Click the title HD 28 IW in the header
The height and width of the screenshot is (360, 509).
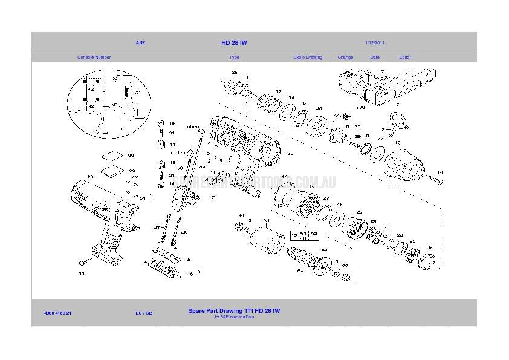pos(234,43)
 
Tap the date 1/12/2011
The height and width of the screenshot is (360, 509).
pos(375,43)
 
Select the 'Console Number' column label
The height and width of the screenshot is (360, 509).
pos(94,57)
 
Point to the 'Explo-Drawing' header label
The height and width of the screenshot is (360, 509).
pos(308,57)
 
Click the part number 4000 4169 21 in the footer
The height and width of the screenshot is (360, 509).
pos(58,313)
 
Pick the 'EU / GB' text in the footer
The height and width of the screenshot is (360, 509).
pos(144,313)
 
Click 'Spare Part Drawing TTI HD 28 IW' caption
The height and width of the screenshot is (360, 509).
pos(234,311)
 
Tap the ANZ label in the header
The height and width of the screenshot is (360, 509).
pos(140,43)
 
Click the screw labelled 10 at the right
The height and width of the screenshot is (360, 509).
pos(436,181)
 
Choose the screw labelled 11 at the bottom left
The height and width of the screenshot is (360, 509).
pos(84,263)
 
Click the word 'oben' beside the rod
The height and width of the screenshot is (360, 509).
pos(193,127)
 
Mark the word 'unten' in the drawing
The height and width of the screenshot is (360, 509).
pos(178,152)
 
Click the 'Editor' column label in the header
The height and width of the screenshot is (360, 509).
pos(405,57)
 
